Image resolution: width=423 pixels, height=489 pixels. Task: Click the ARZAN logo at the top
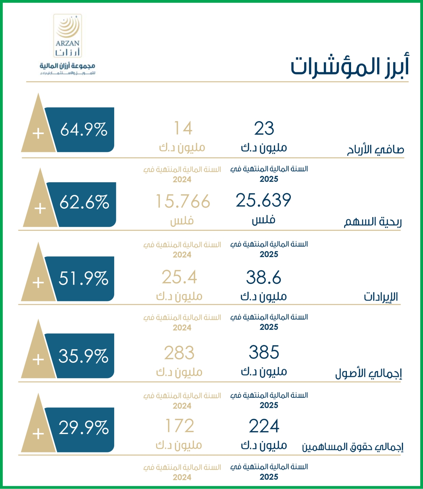click(67, 44)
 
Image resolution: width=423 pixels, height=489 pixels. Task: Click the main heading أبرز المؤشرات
click(349, 66)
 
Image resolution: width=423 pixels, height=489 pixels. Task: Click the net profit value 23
click(264, 129)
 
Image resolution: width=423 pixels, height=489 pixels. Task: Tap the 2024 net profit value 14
click(183, 129)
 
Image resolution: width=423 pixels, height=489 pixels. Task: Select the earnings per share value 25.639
click(263, 201)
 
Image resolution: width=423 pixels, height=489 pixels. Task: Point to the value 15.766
click(183, 202)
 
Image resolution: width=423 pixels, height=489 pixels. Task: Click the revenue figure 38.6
click(263, 277)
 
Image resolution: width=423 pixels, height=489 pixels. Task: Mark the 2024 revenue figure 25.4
click(179, 277)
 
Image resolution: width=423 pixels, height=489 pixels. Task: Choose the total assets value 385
click(264, 352)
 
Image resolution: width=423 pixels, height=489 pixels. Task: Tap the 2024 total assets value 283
click(179, 353)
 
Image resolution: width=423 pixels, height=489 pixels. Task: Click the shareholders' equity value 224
click(264, 426)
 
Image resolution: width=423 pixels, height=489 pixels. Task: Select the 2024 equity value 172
click(180, 426)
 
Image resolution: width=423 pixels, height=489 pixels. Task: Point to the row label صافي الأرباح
click(375, 149)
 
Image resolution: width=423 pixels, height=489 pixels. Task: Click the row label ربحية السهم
click(373, 222)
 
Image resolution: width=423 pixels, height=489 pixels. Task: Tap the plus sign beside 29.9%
click(38, 434)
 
